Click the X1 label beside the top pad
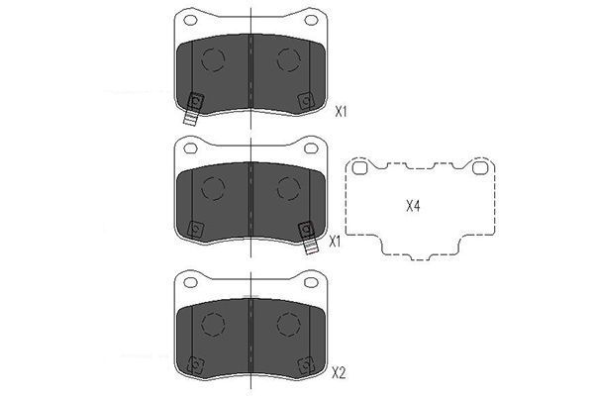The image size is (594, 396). pyautogui.click(x=341, y=112)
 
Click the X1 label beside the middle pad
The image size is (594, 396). pyautogui.click(x=335, y=241)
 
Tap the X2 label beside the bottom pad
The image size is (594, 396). pyautogui.click(x=339, y=373)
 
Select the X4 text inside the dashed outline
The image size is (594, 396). pyautogui.click(x=414, y=206)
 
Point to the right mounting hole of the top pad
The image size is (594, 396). pyautogui.click(x=311, y=20)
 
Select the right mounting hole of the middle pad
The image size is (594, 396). pyautogui.click(x=311, y=148)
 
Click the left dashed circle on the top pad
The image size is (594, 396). pyautogui.click(x=213, y=59)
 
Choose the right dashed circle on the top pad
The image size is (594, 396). pyautogui.click(x=288, y=59)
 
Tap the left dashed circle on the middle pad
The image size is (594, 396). pyautogui.click(x=213, y=188)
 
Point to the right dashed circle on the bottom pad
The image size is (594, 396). pyautogui.click(x=288, y=324)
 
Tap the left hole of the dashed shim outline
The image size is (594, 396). pyautogui.click(x=360, y=167)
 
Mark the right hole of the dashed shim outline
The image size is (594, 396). pyautogui.click(x=480, y=167)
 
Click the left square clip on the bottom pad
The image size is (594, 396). pyautogui.click(x=195, y=363)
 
